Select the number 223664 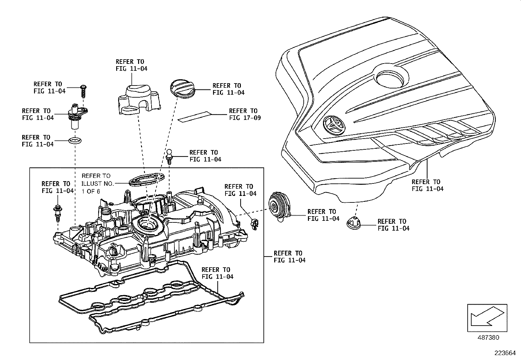click(x=505, y=353)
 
